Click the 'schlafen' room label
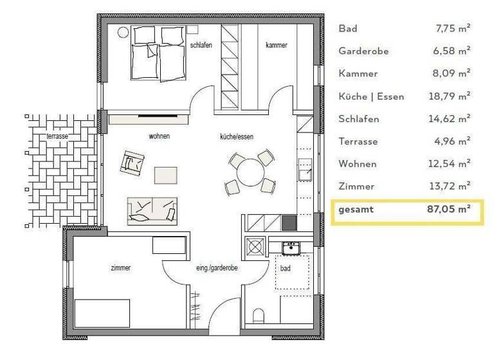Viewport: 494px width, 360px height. click(202, 45)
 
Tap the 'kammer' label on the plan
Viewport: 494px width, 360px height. click(277, 45)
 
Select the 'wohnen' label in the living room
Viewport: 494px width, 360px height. click(159, 136)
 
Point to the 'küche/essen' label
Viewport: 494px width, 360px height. click(233, 136)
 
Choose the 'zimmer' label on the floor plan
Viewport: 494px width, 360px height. click(120, 268)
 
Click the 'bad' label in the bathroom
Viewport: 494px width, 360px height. click(285, 268)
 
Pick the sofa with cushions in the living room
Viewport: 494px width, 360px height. click(153, 210)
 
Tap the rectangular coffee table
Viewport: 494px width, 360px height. click(165, 175)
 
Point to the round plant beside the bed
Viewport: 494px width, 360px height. click(123, 32)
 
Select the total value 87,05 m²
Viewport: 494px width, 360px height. click(449, 210)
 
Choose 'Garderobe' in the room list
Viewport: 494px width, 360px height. click(363, 51)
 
